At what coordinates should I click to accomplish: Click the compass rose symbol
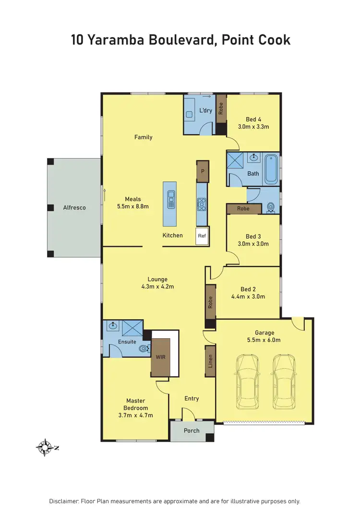(45, 447)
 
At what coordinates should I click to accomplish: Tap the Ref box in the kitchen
(202, 236)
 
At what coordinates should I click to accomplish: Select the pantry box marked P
(203, 171)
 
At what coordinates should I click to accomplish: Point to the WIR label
(160, 357)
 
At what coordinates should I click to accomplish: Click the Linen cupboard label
(210, 361)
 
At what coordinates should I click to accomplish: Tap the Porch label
(192, 430)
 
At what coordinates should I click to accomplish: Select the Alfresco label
(74, 208)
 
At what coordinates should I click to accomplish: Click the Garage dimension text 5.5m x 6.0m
(264, 340)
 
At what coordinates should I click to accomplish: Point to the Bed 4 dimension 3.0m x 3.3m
(253, 127)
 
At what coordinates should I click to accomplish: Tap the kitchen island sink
(170, 199)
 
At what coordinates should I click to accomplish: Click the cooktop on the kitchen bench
(202, 205)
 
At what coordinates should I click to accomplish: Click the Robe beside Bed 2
(210, 301)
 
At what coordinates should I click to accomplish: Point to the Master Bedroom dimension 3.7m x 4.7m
(135, 415)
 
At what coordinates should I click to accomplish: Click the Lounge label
(157, 279)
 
